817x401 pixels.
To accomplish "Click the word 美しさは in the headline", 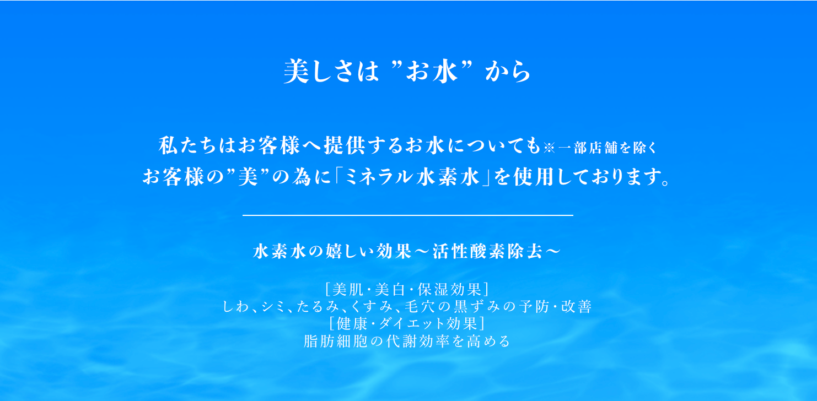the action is pos(331,72).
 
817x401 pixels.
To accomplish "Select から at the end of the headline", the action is pos(508,72).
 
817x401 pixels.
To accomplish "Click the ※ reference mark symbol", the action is pos(549,148).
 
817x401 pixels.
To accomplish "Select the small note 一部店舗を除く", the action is pos(608,148).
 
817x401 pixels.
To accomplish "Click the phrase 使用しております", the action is pos(587,177).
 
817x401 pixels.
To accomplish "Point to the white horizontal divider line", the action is pos(408,215).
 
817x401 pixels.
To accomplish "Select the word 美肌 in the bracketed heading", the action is pos(348,290).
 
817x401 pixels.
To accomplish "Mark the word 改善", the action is pos(576,307).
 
